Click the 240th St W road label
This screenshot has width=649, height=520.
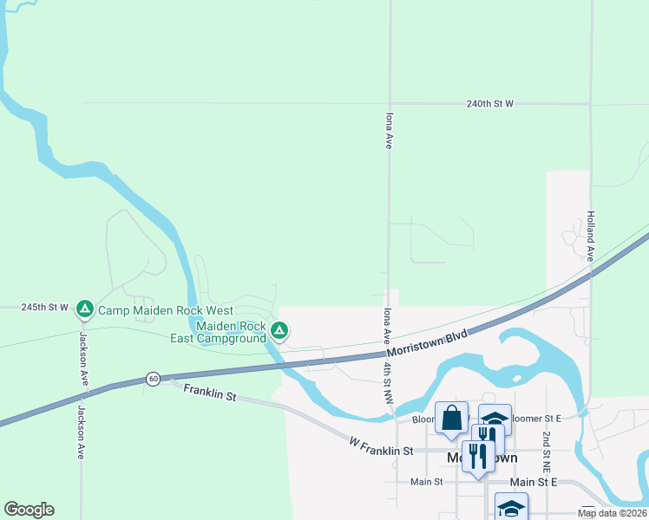[x=489, y=103]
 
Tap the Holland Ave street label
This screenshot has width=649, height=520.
[x=590, y=237]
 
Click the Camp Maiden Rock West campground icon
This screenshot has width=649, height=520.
[x=85, y=309]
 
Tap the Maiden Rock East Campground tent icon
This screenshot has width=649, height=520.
[x=279, y=330]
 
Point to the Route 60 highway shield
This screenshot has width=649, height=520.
[x=153, y=379]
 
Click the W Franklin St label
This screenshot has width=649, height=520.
[x=381, y=451]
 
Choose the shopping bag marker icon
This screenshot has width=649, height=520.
[x=451, y=418]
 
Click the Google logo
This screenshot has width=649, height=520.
[x=29, y=510]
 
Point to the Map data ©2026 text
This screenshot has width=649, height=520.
[x=613, y=513]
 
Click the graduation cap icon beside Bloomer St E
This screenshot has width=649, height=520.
[x=495, y=419]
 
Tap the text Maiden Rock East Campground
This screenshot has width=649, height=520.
[x=231, y=332]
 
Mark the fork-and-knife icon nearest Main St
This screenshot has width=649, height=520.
[x=478, y=454]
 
